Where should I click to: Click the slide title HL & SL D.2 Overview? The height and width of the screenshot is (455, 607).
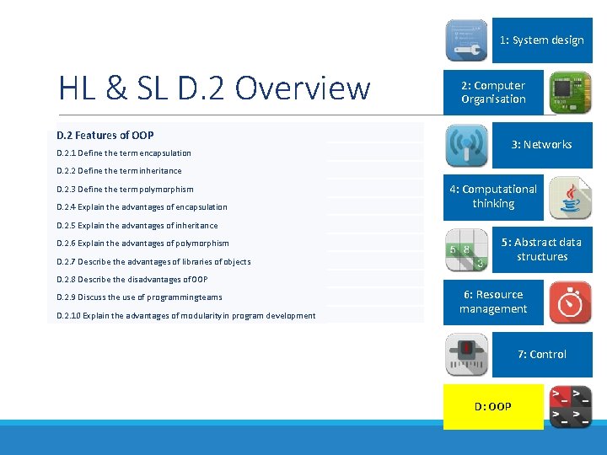(214, 88)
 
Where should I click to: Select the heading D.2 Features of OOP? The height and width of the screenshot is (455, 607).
(105, 135)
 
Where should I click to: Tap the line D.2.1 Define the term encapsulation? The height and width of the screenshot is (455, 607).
(124, 153)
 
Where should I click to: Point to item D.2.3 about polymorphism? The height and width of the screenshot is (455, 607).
(125, 190)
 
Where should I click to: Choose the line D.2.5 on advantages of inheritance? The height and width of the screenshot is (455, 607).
(137, 226)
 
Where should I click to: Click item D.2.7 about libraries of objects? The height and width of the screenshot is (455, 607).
(153, 262)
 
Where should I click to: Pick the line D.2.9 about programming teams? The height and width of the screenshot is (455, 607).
(139, 297)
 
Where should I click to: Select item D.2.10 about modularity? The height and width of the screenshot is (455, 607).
(186, 316)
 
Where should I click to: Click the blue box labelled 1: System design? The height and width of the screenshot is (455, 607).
(541, 40)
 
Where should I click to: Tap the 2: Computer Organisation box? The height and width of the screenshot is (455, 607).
(493, 93)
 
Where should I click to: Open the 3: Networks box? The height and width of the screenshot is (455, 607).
(541, 145)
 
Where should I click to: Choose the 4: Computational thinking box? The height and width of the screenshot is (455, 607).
(493, 197)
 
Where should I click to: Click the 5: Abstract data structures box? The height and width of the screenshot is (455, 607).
(541, 249)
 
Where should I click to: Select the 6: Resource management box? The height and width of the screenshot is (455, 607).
(493, 302)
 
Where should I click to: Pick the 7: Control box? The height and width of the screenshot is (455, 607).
(541, 355)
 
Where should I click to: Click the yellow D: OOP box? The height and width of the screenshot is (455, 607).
(493, 406)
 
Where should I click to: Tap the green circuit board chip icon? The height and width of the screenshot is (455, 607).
(571, 93)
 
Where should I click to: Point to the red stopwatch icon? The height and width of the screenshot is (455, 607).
(571, 302)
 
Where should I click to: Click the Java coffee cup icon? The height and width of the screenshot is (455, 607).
(571, 198)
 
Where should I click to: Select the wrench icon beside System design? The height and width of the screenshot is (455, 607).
(466, 40)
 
